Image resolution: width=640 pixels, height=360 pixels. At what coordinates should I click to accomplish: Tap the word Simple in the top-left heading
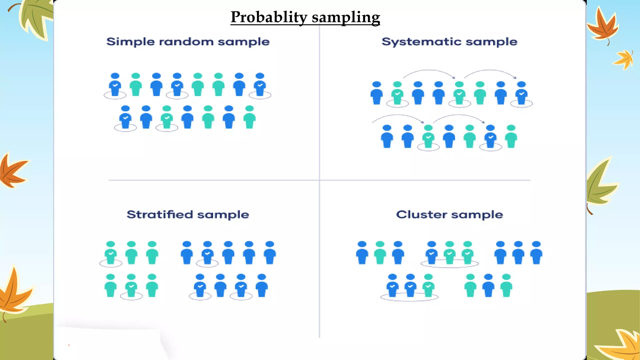coord(130,42)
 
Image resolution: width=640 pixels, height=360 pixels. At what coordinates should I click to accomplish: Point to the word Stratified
coord(160,215)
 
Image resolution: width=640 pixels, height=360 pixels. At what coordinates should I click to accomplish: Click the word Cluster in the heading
coord(422,215)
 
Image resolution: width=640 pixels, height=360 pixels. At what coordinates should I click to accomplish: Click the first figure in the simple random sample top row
coord(115,85)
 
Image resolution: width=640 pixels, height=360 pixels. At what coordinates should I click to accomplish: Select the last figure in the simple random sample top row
coord(260,85)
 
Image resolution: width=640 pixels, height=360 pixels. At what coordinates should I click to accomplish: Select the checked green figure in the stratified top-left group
coord(111,253)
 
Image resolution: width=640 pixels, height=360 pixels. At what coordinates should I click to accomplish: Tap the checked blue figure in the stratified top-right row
coord(207,253)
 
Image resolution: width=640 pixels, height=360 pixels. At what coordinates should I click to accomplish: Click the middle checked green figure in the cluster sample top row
coord(449,253)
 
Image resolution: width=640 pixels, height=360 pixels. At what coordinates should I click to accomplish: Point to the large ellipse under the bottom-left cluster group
coord(409,298)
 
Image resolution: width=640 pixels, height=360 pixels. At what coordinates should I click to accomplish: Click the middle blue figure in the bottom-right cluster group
coord(488,286)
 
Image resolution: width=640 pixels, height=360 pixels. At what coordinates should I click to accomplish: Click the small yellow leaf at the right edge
coord(624,59)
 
